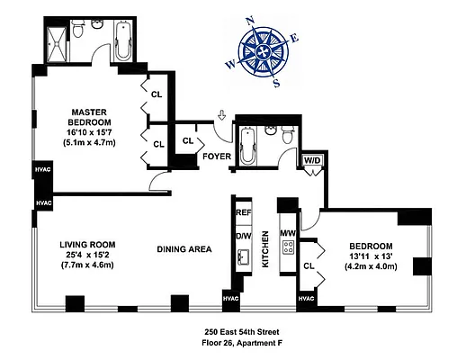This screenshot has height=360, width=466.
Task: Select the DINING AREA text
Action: (x=184, y=249)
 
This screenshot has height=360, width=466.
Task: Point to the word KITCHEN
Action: (x=265, y=249)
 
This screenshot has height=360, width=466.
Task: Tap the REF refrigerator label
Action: (x=243, y=213)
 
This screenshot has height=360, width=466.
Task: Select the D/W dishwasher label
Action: (x=243, y=236)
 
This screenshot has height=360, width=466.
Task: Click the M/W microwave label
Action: (x=290, y=236)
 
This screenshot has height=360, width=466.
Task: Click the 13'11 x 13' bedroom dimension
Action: (x=371, y=257)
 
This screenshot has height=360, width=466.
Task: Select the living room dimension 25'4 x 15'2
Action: (x=90, y=256)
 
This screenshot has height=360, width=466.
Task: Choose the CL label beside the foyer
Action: (x=189, y=140)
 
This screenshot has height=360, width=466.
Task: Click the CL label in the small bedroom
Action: (x=309, y=265)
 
